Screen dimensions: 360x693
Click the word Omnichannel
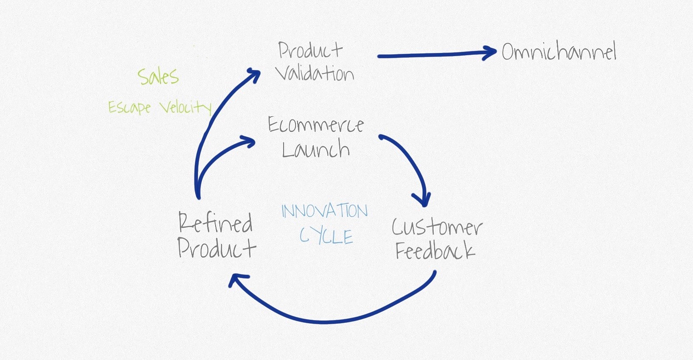click(x=559, y=52)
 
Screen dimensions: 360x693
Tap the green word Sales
click(x=158, y=76)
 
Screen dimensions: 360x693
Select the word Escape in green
click(x=129, y=107)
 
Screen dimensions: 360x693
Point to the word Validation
click(x=315, y=74)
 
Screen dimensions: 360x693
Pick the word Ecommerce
click(x=316, y=125)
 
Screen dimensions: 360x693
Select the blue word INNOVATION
click(x=325, y=211)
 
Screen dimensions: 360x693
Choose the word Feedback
click(x=435, y=251)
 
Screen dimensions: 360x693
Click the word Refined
click(x=215, y=223)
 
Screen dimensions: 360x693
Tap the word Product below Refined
click(x=217, y=249)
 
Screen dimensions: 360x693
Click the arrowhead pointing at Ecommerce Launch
click(x=248, y=141)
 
